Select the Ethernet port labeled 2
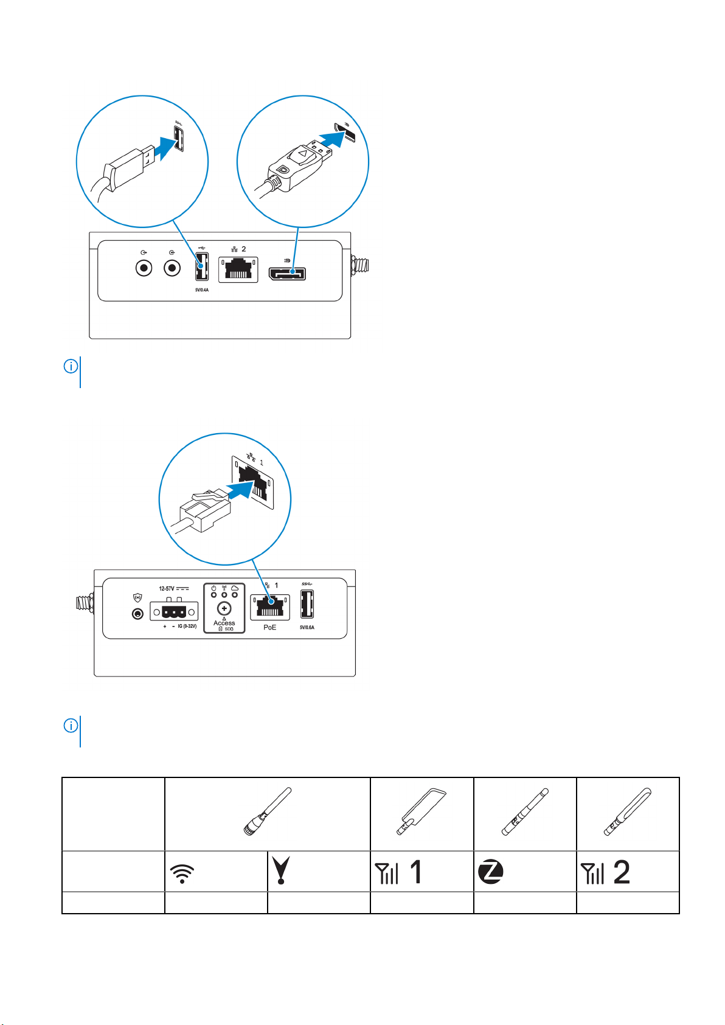(238, 269)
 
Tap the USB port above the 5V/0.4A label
(201, 268)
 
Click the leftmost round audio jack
(144, 268)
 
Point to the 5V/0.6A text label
(307, 627)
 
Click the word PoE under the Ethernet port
(270, 627)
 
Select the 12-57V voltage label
(167, 588)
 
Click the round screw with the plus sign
(224, 608)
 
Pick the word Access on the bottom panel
(224, 623)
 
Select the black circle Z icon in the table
(491, 872)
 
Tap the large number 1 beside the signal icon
(416, 872)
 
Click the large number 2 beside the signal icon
(622, 872)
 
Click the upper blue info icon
(71, 367)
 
